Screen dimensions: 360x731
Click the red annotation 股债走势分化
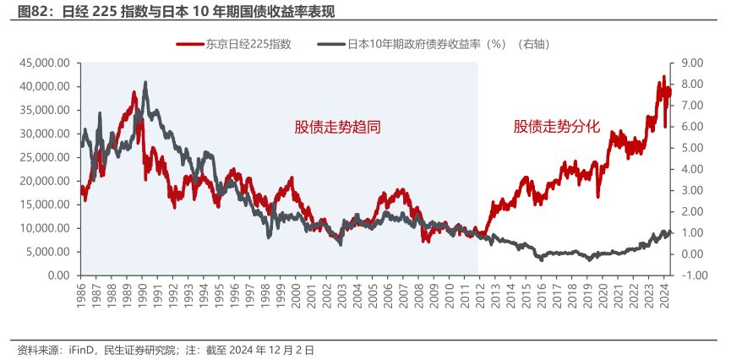pyautogui.click(x=557, y=127)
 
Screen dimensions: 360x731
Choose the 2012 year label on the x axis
pyautogui.click(x=479, y=297)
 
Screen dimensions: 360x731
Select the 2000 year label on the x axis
pyautogui.click(x=296, y=297)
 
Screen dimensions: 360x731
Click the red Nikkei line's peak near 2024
pyautogui.click(x=663, y=76)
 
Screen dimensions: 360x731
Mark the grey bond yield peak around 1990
pyautogui.click(x=145, y=83)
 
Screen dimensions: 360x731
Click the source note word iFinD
pyautogui.click(x=79, y=350)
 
